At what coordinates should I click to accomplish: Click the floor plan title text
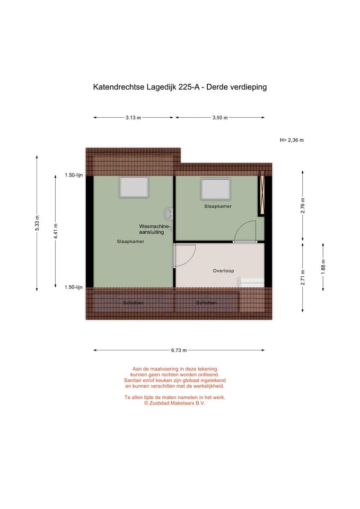click(180, 87)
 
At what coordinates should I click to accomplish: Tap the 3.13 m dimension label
click(133, 118)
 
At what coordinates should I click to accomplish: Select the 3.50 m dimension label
click(219, 118)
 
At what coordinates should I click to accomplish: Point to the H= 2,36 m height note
click(292, 140)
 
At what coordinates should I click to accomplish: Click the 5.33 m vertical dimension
click(37, 223)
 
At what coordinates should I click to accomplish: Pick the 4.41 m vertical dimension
click(56, 232)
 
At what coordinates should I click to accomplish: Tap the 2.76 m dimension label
click(302, 205)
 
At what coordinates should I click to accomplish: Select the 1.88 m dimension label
click(323, 266)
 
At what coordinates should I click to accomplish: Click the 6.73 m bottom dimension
click(179, 350)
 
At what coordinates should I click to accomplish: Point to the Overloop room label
click(223, 271)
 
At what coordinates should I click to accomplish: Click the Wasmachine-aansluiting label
click(155, 229)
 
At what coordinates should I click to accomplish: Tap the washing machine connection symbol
click(169, 213)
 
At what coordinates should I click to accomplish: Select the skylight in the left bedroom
click(134, 187)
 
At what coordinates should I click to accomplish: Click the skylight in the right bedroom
click(215, 189)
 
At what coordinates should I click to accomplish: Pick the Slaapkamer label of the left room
click(130, 242)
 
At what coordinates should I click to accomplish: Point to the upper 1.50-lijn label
click(74, 175)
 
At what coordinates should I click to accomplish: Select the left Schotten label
click(132, 303)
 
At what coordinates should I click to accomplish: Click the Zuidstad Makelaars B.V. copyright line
click(174, 403)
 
